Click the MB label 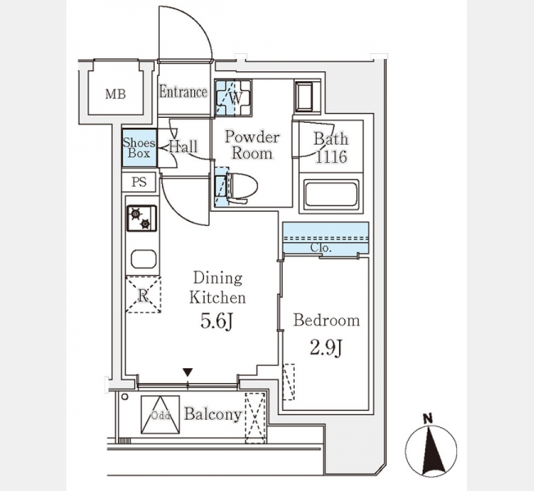coord(115,93)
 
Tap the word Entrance coord(183,92)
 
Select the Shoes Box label coord(138,148)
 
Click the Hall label coord(183,147)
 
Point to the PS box coord(138,182)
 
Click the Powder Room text coord(251,145)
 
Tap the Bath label coord(331,138)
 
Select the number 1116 coord(331,156)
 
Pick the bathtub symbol coord(330,197)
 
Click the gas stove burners coord(140,218)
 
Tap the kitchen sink coord(143,259)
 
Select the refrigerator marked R coord(143,295)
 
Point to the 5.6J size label coord(218,321)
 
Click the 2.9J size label coord(326,346)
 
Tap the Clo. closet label coord(321,247)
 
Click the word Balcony coord(212,414)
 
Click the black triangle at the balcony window coord(188,373)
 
